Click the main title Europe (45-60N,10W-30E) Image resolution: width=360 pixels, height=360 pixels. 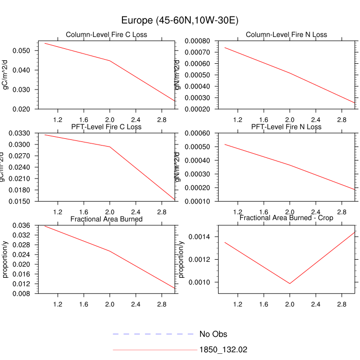pos(179,20)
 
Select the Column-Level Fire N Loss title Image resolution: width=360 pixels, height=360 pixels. pos(286,35)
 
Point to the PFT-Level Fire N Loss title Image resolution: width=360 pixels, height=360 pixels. pos(286,127)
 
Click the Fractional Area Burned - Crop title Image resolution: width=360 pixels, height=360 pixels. pos(286,218)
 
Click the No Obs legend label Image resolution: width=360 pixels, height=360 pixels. pos(213,334)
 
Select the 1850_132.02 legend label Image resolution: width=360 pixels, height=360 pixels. pos(223,350)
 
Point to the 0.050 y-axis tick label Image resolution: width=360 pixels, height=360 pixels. pos(24,50)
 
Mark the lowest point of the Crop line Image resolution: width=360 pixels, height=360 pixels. pos(290,283)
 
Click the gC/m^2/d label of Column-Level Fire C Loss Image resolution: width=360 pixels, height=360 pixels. pos(6,75)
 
